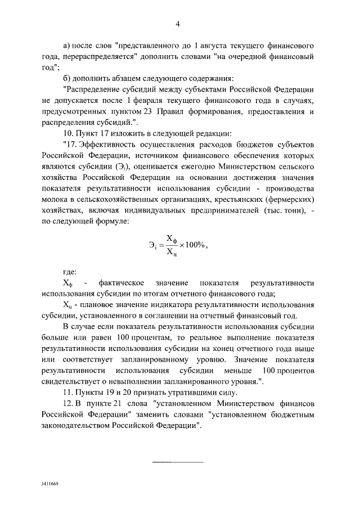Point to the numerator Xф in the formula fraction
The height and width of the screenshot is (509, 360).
click(170, 238)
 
